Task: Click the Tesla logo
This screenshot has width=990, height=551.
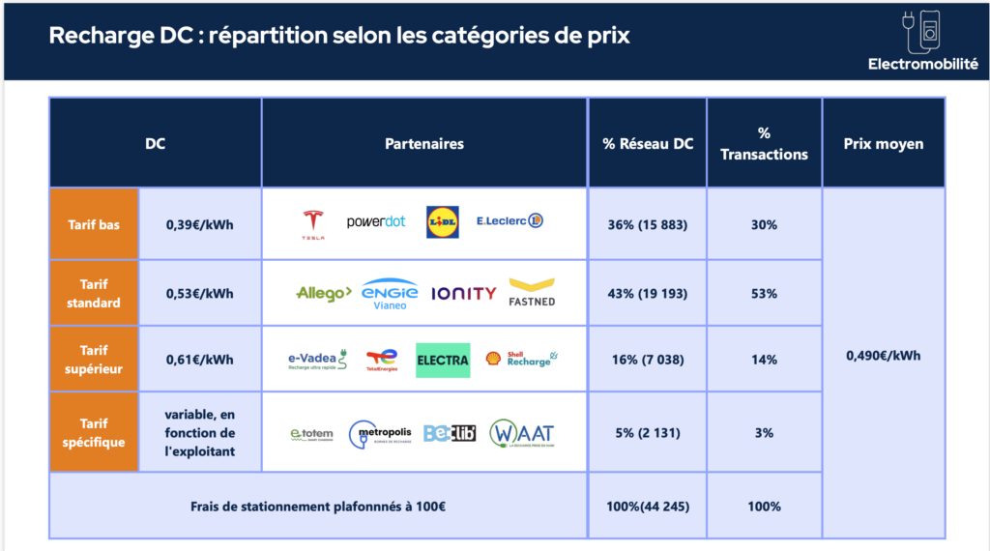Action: (x=311, y=223)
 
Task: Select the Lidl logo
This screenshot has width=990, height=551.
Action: (x=443, y=222)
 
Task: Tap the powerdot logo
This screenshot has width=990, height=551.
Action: (x=376, y=222)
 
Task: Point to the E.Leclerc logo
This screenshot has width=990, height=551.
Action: (x=510, y=221)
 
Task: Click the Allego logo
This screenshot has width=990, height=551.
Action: (x=323, y=294)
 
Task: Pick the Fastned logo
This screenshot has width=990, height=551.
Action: (x=532, y=293)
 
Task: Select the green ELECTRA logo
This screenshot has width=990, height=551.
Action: (x=443, y=360)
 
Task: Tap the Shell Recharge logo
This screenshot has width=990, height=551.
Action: (x=522, y=359)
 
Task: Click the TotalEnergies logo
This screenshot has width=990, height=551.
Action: (x=382, y=361)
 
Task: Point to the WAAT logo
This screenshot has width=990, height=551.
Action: (x=522, y=432)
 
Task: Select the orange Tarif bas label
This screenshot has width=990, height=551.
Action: (x=95, y=224)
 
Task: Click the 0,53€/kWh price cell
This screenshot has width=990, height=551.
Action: (x=200, y=294)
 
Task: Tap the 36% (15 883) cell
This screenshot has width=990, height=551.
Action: (x=647, y=224)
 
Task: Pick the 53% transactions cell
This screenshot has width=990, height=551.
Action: (x=764, y=294)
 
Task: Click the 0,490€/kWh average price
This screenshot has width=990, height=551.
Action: (x=883, y=355)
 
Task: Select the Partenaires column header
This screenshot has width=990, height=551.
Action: (x=424, y=144)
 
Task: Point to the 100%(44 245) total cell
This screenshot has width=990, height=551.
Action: (x=647, y=507)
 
